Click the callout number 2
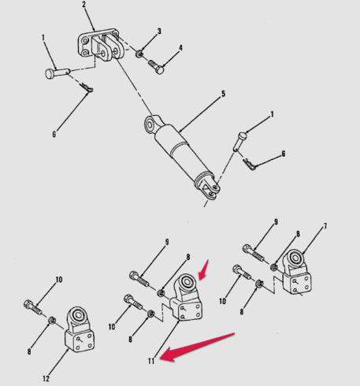(84, 5)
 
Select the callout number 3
(159, 32)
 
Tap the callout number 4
(180, 48)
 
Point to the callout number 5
(223, 94)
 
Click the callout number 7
(325, 226)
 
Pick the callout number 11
(151, 362)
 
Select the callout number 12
(46, 379)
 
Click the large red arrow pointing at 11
(197, 347)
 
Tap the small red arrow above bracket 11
(203, 269)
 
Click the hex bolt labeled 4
(157, 67)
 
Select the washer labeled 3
(139, 54)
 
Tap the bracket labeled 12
(79, 329)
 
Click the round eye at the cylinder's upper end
(150, 124)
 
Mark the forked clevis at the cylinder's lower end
(208, 186)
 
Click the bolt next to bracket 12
(33, 307)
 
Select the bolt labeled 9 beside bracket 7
(253, 252)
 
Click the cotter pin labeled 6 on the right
(249, 165)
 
